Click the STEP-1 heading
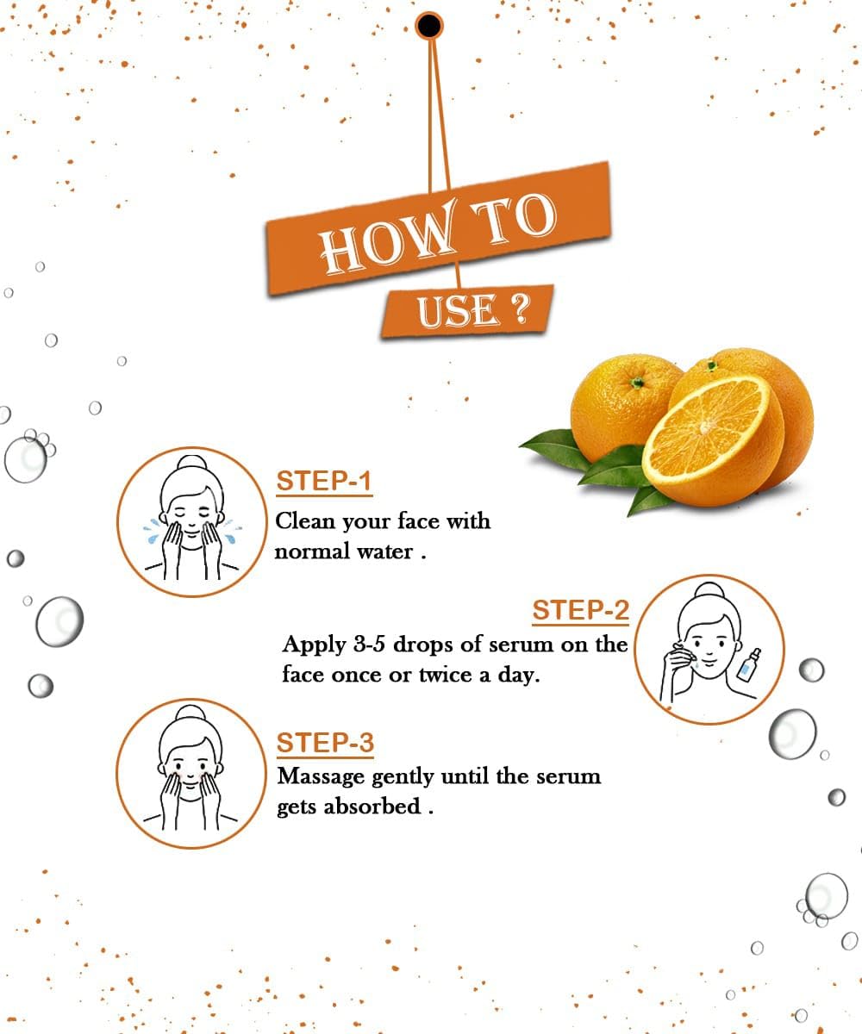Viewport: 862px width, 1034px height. [324, 481]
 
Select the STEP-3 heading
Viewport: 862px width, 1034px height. [325, 743]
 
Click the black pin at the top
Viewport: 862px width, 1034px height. [428, 26]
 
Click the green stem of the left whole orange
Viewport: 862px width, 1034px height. [637, 382]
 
